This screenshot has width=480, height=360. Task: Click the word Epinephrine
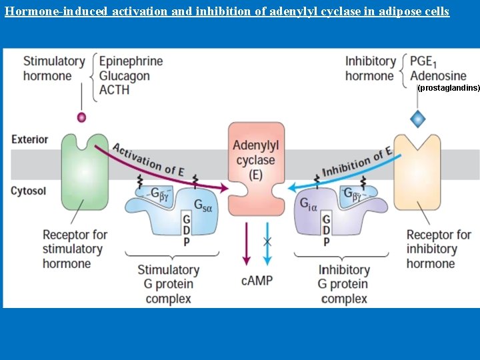click(131, 61)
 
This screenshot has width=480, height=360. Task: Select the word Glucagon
click(124, 75)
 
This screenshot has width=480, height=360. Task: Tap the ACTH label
click(114, 90)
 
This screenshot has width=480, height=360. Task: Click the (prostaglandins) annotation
click(448, 88)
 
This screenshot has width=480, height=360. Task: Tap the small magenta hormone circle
click(82, 117)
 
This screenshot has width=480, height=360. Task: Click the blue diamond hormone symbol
click(418, 119)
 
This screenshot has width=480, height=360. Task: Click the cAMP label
click(257, 281)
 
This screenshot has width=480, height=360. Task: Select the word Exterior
click(30, 139)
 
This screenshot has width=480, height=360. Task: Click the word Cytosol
click(29, 191)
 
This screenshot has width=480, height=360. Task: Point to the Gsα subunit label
click(203, 206)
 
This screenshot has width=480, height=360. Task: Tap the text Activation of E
click(148, 159)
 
